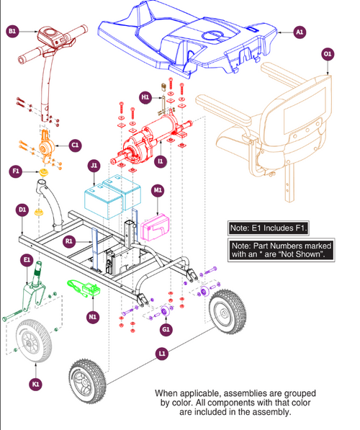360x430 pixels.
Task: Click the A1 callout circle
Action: pyautogui.click(x=300, y=32)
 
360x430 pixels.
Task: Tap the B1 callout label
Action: pyautogui.click(x=12, y=32)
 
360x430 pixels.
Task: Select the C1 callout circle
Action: pyautogui.click(x=75, y=145)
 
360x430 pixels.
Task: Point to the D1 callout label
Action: pyautogui.click(x=22, y=210)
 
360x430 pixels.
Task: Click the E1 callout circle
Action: pyautogui.click(x=27, y=259)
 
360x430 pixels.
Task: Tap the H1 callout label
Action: pyautogui.click(x=145, y=97)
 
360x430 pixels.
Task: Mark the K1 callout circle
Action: pyautogui.click(x=35, y=385)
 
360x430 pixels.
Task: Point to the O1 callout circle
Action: pyautogui.click(x=328, y=54)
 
